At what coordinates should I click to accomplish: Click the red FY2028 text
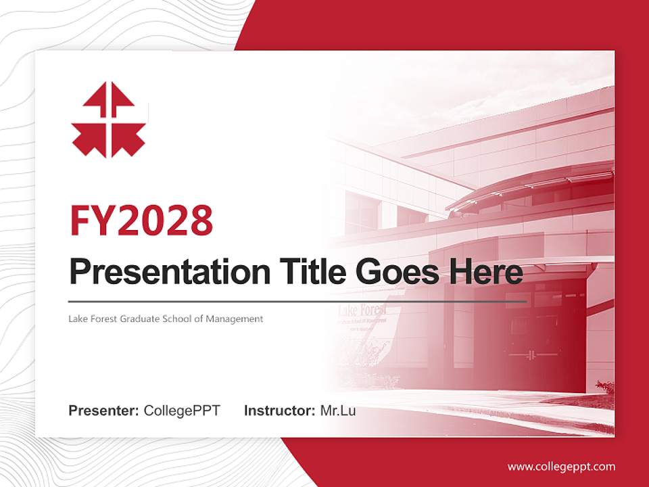coord(141,221)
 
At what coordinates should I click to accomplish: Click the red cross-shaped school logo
coord(109,120)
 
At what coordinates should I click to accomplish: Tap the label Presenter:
coord(104,411)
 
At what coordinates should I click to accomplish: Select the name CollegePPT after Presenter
coord(182,411)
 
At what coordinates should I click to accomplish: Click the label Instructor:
coord(279,411)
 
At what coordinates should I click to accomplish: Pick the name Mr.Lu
coord(337,411)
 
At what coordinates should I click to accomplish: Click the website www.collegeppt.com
coord(561,466)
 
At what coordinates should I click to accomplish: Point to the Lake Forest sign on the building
coord(363,311)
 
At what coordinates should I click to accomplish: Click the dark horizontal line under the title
coord(297,301)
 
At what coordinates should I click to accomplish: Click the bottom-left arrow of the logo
coord(89,141)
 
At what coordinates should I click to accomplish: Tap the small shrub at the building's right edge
coord(605,388)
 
